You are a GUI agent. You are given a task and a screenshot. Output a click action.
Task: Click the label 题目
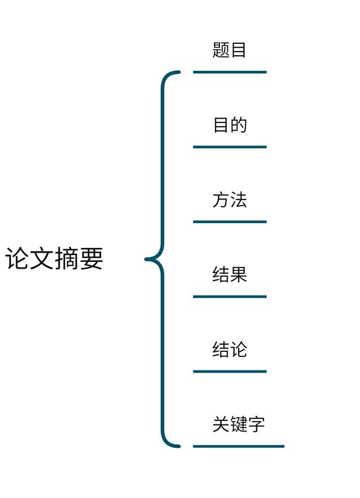click(x=229, y=50)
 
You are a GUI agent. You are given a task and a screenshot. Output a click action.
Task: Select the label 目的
click(x=229, y=125)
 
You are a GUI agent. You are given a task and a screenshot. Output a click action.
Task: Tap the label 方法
click(x=229, y=200)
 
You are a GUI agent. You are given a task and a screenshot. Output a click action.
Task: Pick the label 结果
click(x=229, y=275)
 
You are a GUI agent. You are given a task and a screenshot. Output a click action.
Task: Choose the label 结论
click(x=229, y=350)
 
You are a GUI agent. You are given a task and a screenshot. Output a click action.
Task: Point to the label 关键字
click(x=238, y=424)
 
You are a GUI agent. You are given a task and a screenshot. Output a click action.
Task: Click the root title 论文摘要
click(x=55, y=259)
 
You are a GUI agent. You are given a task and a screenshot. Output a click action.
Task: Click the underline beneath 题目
click(x=229, y=72)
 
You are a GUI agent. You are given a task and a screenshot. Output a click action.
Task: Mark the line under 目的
click(x=229, y=147)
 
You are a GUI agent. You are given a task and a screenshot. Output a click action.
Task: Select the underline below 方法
click(x=229, y=221)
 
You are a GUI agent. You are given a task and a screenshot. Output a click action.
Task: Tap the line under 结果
click(x=229, y=296)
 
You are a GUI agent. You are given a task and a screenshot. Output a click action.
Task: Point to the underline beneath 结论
click(x=229, y=371)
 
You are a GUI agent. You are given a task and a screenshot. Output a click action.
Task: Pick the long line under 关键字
click(x=238, y=446)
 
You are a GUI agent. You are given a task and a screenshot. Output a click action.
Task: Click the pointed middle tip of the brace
click(x=147, y=259)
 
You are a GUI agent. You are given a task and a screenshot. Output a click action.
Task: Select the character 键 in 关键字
click(x=238, y=424)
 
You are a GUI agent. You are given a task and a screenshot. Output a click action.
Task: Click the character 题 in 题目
click(x=221, y=50)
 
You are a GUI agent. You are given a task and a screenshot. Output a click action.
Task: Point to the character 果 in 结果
click(x=238, y=275)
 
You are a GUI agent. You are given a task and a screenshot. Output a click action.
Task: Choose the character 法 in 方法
click(x=238, y=200)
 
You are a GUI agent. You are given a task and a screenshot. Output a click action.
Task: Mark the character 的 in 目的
click(x=238, y=125)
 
